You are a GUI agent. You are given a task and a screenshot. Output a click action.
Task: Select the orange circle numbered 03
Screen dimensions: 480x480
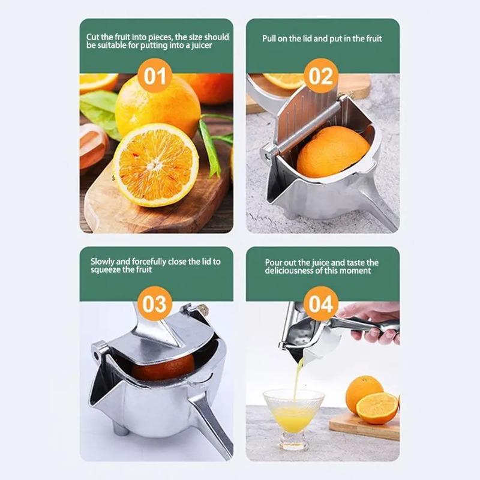155,304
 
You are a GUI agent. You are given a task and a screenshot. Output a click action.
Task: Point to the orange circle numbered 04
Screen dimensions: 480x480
321,304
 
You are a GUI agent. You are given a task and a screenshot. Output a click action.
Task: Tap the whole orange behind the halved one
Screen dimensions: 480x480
157,105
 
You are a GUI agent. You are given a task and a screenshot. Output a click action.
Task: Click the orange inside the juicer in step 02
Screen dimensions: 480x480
333,151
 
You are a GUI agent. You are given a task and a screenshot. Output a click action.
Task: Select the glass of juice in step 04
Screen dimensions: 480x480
293,414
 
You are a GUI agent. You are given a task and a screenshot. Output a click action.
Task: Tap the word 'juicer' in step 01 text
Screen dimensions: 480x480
200,46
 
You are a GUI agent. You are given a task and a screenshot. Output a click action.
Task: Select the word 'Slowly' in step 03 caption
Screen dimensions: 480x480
103,262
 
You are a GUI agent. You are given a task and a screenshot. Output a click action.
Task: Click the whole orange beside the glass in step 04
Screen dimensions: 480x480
364,392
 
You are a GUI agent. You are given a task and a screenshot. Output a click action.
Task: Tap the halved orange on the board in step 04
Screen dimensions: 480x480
377,408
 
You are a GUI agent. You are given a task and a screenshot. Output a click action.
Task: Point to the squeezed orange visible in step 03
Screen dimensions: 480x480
165,367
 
